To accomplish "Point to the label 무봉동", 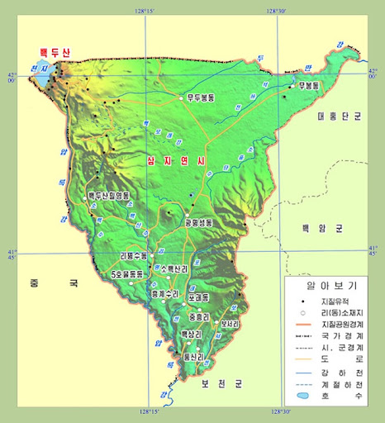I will coord(310,85).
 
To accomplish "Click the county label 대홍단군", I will coord(340,117).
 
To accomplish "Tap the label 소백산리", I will coord(175,269).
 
